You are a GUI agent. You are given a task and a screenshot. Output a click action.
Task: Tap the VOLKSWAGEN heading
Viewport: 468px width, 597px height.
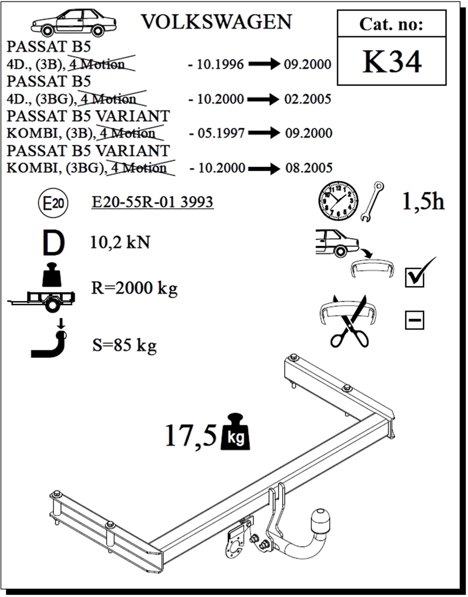216,22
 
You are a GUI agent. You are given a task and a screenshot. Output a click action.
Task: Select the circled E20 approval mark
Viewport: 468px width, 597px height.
53,204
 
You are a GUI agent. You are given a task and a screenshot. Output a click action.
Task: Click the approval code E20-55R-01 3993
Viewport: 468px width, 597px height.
153,202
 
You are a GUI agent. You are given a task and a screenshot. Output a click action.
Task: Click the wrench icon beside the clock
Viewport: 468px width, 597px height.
372,201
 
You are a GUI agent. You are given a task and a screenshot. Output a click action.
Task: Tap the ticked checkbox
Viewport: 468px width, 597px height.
415,277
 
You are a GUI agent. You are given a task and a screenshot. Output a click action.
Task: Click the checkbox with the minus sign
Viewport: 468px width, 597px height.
415,320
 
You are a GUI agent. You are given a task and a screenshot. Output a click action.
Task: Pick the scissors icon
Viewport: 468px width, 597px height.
350,323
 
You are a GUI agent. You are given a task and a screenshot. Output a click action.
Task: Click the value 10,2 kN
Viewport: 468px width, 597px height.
120,242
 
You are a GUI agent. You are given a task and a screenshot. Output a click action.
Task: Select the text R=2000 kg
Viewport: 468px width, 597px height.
134,288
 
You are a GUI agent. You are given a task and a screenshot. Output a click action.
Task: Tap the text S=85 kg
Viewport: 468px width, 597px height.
124,346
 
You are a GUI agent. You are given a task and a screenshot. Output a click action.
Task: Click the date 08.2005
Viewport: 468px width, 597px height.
309,168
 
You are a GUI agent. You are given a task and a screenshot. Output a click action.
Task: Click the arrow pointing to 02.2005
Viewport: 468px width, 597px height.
264,99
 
